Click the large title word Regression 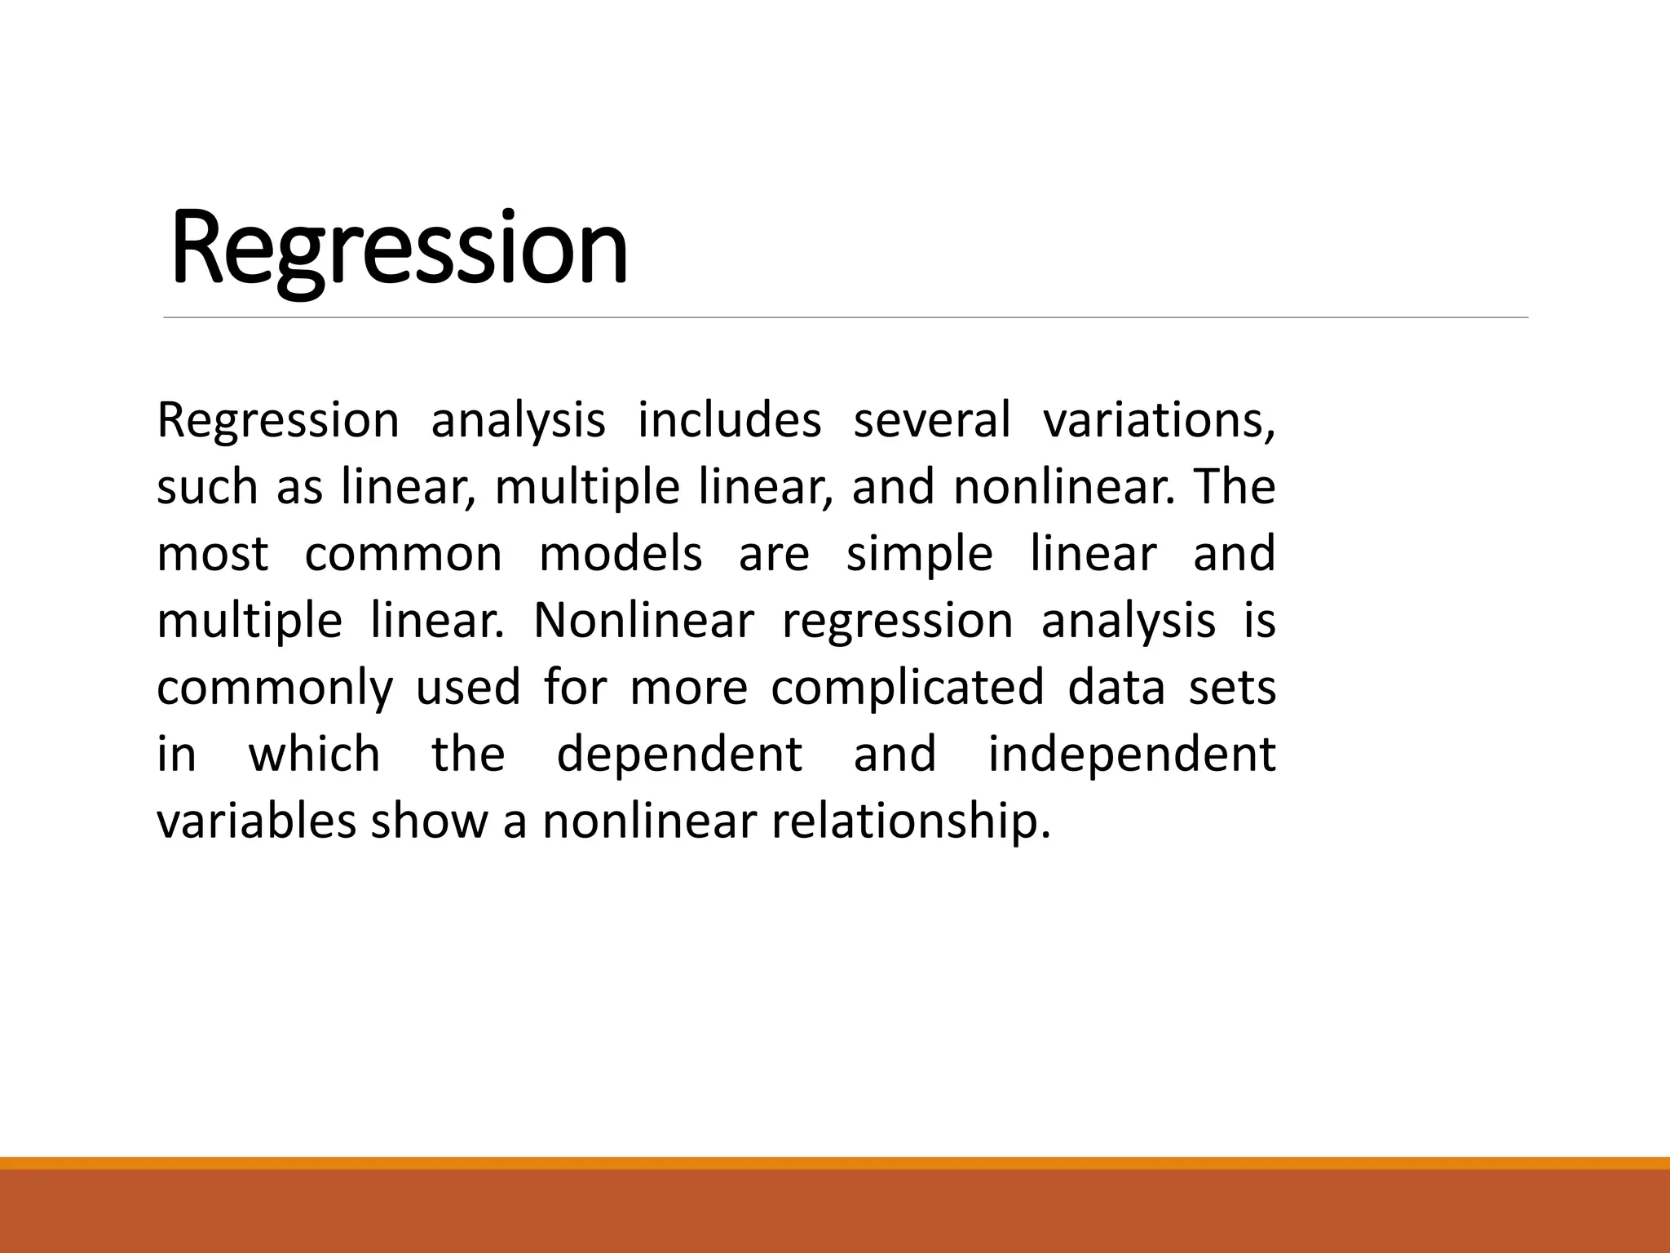click(x=400, y=248)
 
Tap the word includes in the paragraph click(x=729, y=421)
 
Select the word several click(x=931, y=421)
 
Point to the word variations click(x=1158, y=421)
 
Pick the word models click(x=621, y=555)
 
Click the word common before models click(x=403, y=555)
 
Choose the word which click(x=314, y=755)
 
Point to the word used click(x=468, y=688)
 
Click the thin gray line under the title click(x=846, y=317)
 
